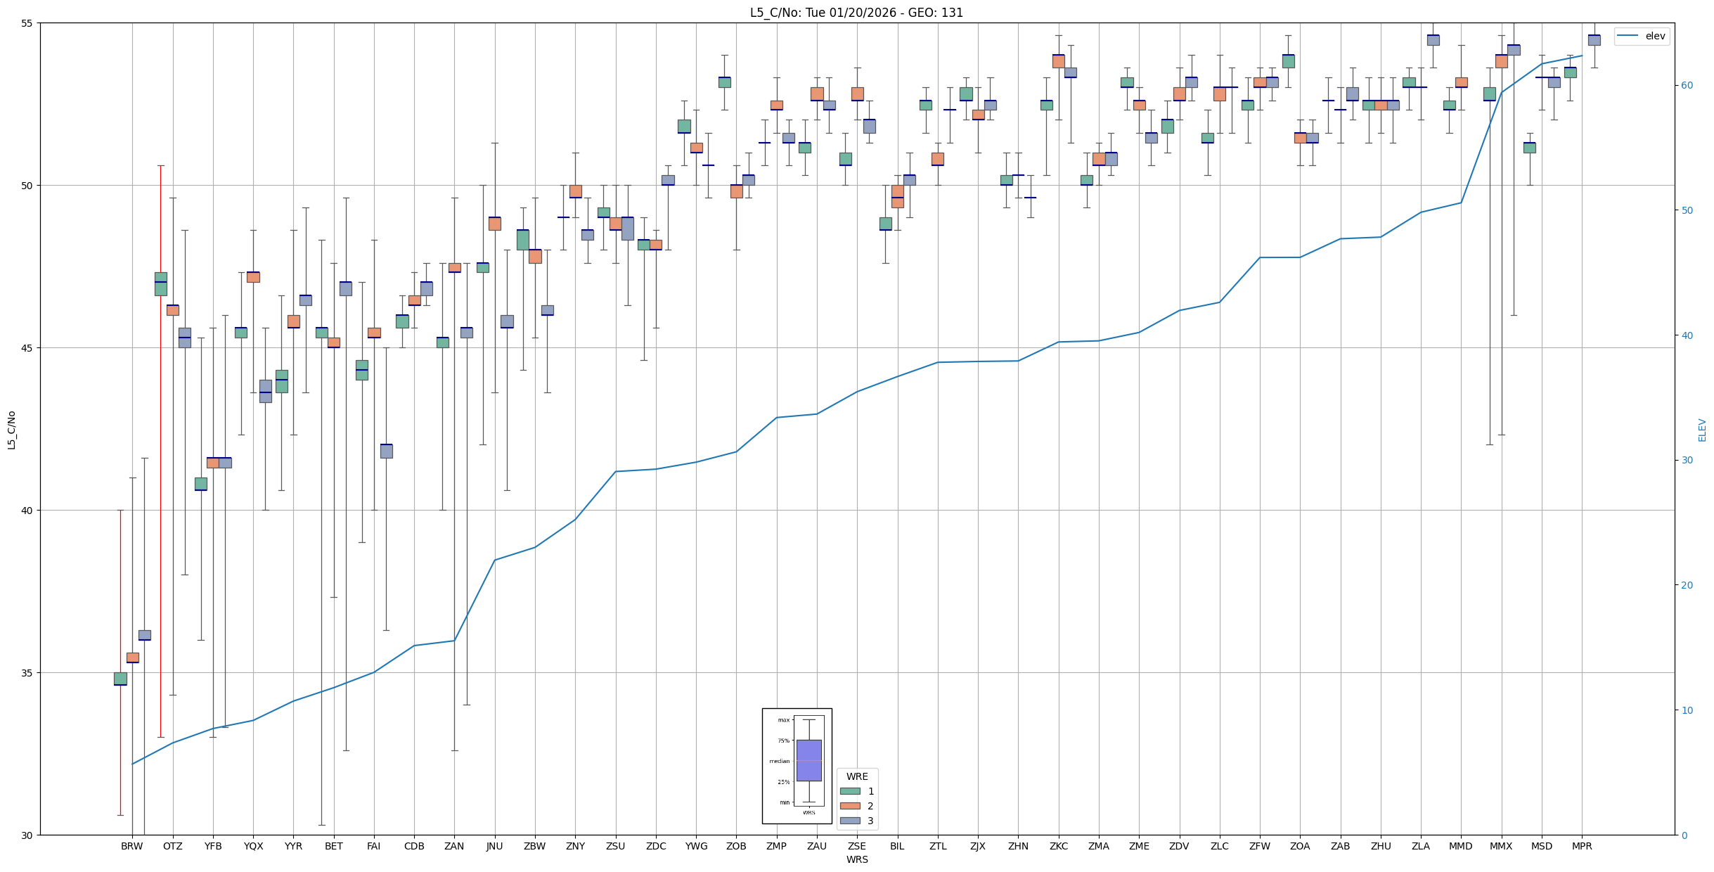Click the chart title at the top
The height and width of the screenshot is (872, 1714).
click(856, 13)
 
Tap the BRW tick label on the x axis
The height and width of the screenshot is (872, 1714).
click(131, 846)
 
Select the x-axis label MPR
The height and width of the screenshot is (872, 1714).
click(1582, 846)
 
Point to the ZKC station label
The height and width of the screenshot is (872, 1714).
click(1058, 846)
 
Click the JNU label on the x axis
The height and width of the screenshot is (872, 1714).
click(494, 846)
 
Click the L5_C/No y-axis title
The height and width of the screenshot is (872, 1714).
click(11, 430)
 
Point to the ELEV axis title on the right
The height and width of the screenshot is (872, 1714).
click(1702, 430)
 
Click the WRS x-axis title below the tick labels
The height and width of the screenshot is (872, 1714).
click(856, 859)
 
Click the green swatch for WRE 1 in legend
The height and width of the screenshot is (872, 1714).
click(850, 791)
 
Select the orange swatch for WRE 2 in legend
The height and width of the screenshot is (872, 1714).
click(850, 806)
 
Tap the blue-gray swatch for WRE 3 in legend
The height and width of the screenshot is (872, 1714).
click(850, 821)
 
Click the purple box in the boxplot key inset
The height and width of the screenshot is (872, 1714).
click(808, 760)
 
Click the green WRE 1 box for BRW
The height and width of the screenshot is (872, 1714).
click(120, 679)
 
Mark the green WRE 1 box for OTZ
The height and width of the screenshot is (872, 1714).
click(161, 284)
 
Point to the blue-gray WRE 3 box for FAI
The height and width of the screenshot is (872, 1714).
click(386, 451)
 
